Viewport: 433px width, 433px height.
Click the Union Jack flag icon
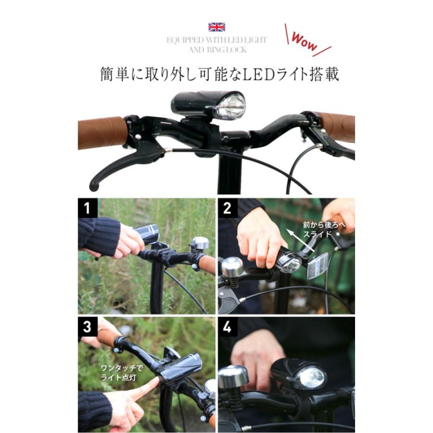(216, 27)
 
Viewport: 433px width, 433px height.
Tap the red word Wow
(304, 42)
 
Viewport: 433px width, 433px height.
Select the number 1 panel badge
(88, 208)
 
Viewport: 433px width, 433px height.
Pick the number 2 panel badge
(227, 208)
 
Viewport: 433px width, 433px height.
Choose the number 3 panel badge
(88, 327)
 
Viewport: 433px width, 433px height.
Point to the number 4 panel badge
(227, 327)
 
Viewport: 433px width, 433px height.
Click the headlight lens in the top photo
(231, 106)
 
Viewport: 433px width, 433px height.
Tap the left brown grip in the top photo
(102, 133)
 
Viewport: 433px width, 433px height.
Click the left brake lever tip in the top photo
(94, 186)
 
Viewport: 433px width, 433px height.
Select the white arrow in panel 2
(300, 240)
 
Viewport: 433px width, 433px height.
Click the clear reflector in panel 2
(318, 266)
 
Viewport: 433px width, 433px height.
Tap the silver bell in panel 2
(233, 267)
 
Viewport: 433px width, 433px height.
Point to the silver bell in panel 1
(200, 244)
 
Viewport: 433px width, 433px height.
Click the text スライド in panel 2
(317, 234)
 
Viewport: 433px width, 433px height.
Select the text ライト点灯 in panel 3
(119, 377)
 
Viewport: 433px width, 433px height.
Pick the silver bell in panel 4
(233, 376)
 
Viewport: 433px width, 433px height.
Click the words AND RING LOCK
(218, 50)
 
